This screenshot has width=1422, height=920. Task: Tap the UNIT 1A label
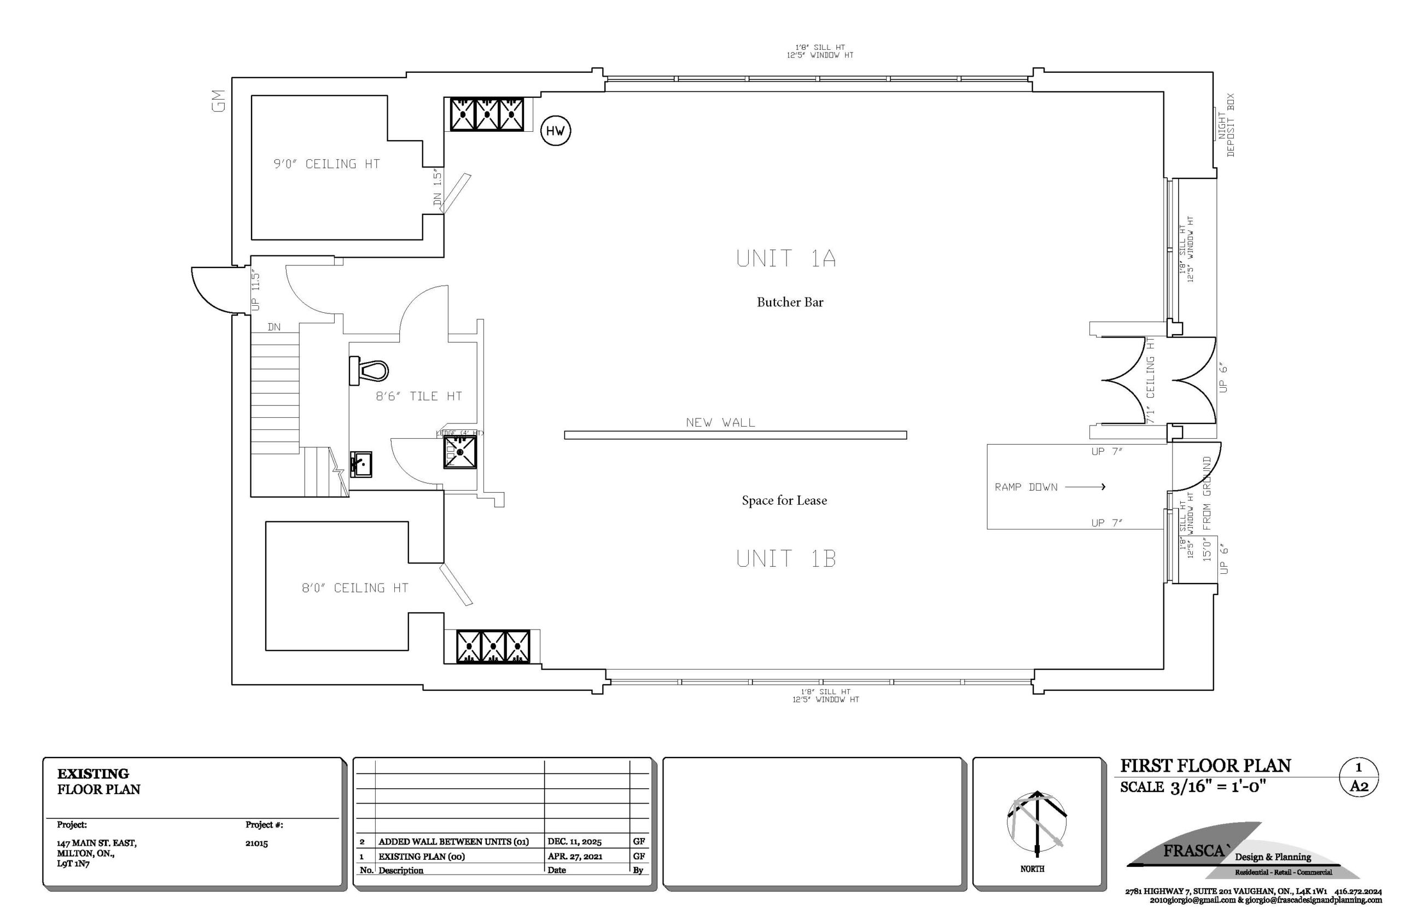coord(785,259)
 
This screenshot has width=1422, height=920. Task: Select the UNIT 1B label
coord(785,558)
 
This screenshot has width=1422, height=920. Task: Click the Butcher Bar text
coord(790,302)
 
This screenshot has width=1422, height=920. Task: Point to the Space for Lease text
coord(784,500)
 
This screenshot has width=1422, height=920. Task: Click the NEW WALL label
coord(720,422)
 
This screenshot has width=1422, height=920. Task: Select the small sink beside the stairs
coord(361,464)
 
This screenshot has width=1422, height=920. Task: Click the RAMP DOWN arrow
coord(1085,487)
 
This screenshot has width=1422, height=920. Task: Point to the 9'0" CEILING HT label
coord(327,164)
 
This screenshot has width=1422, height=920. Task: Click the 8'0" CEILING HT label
coord(355,588)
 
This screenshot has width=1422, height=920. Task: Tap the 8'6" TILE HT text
coord(418,396)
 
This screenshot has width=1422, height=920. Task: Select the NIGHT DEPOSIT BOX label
coord(1226,125)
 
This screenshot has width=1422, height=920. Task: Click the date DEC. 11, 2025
coord(574,841)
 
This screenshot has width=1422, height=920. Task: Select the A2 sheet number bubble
coord(1359,785)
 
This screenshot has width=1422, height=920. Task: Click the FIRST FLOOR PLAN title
coord(1205,766)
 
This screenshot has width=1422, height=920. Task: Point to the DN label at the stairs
coord(273,327)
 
